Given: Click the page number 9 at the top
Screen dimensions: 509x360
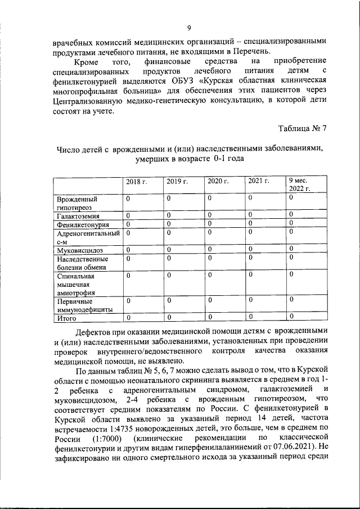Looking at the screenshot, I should pyautogui.click(x=189, y=29).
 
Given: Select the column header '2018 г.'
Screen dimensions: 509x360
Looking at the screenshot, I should pyautogui.click(x=136, y=181).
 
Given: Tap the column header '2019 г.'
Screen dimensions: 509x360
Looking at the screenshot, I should pyautogui.click(x=177, y=181).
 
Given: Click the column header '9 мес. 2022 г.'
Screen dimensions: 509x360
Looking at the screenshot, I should pyautogui.click(x=300, y=185).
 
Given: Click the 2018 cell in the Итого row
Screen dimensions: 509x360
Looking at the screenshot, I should pyautogui.click(x=128, y=318).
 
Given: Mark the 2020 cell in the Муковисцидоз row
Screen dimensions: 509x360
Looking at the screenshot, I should pyautogui.click(x=209, y=250).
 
